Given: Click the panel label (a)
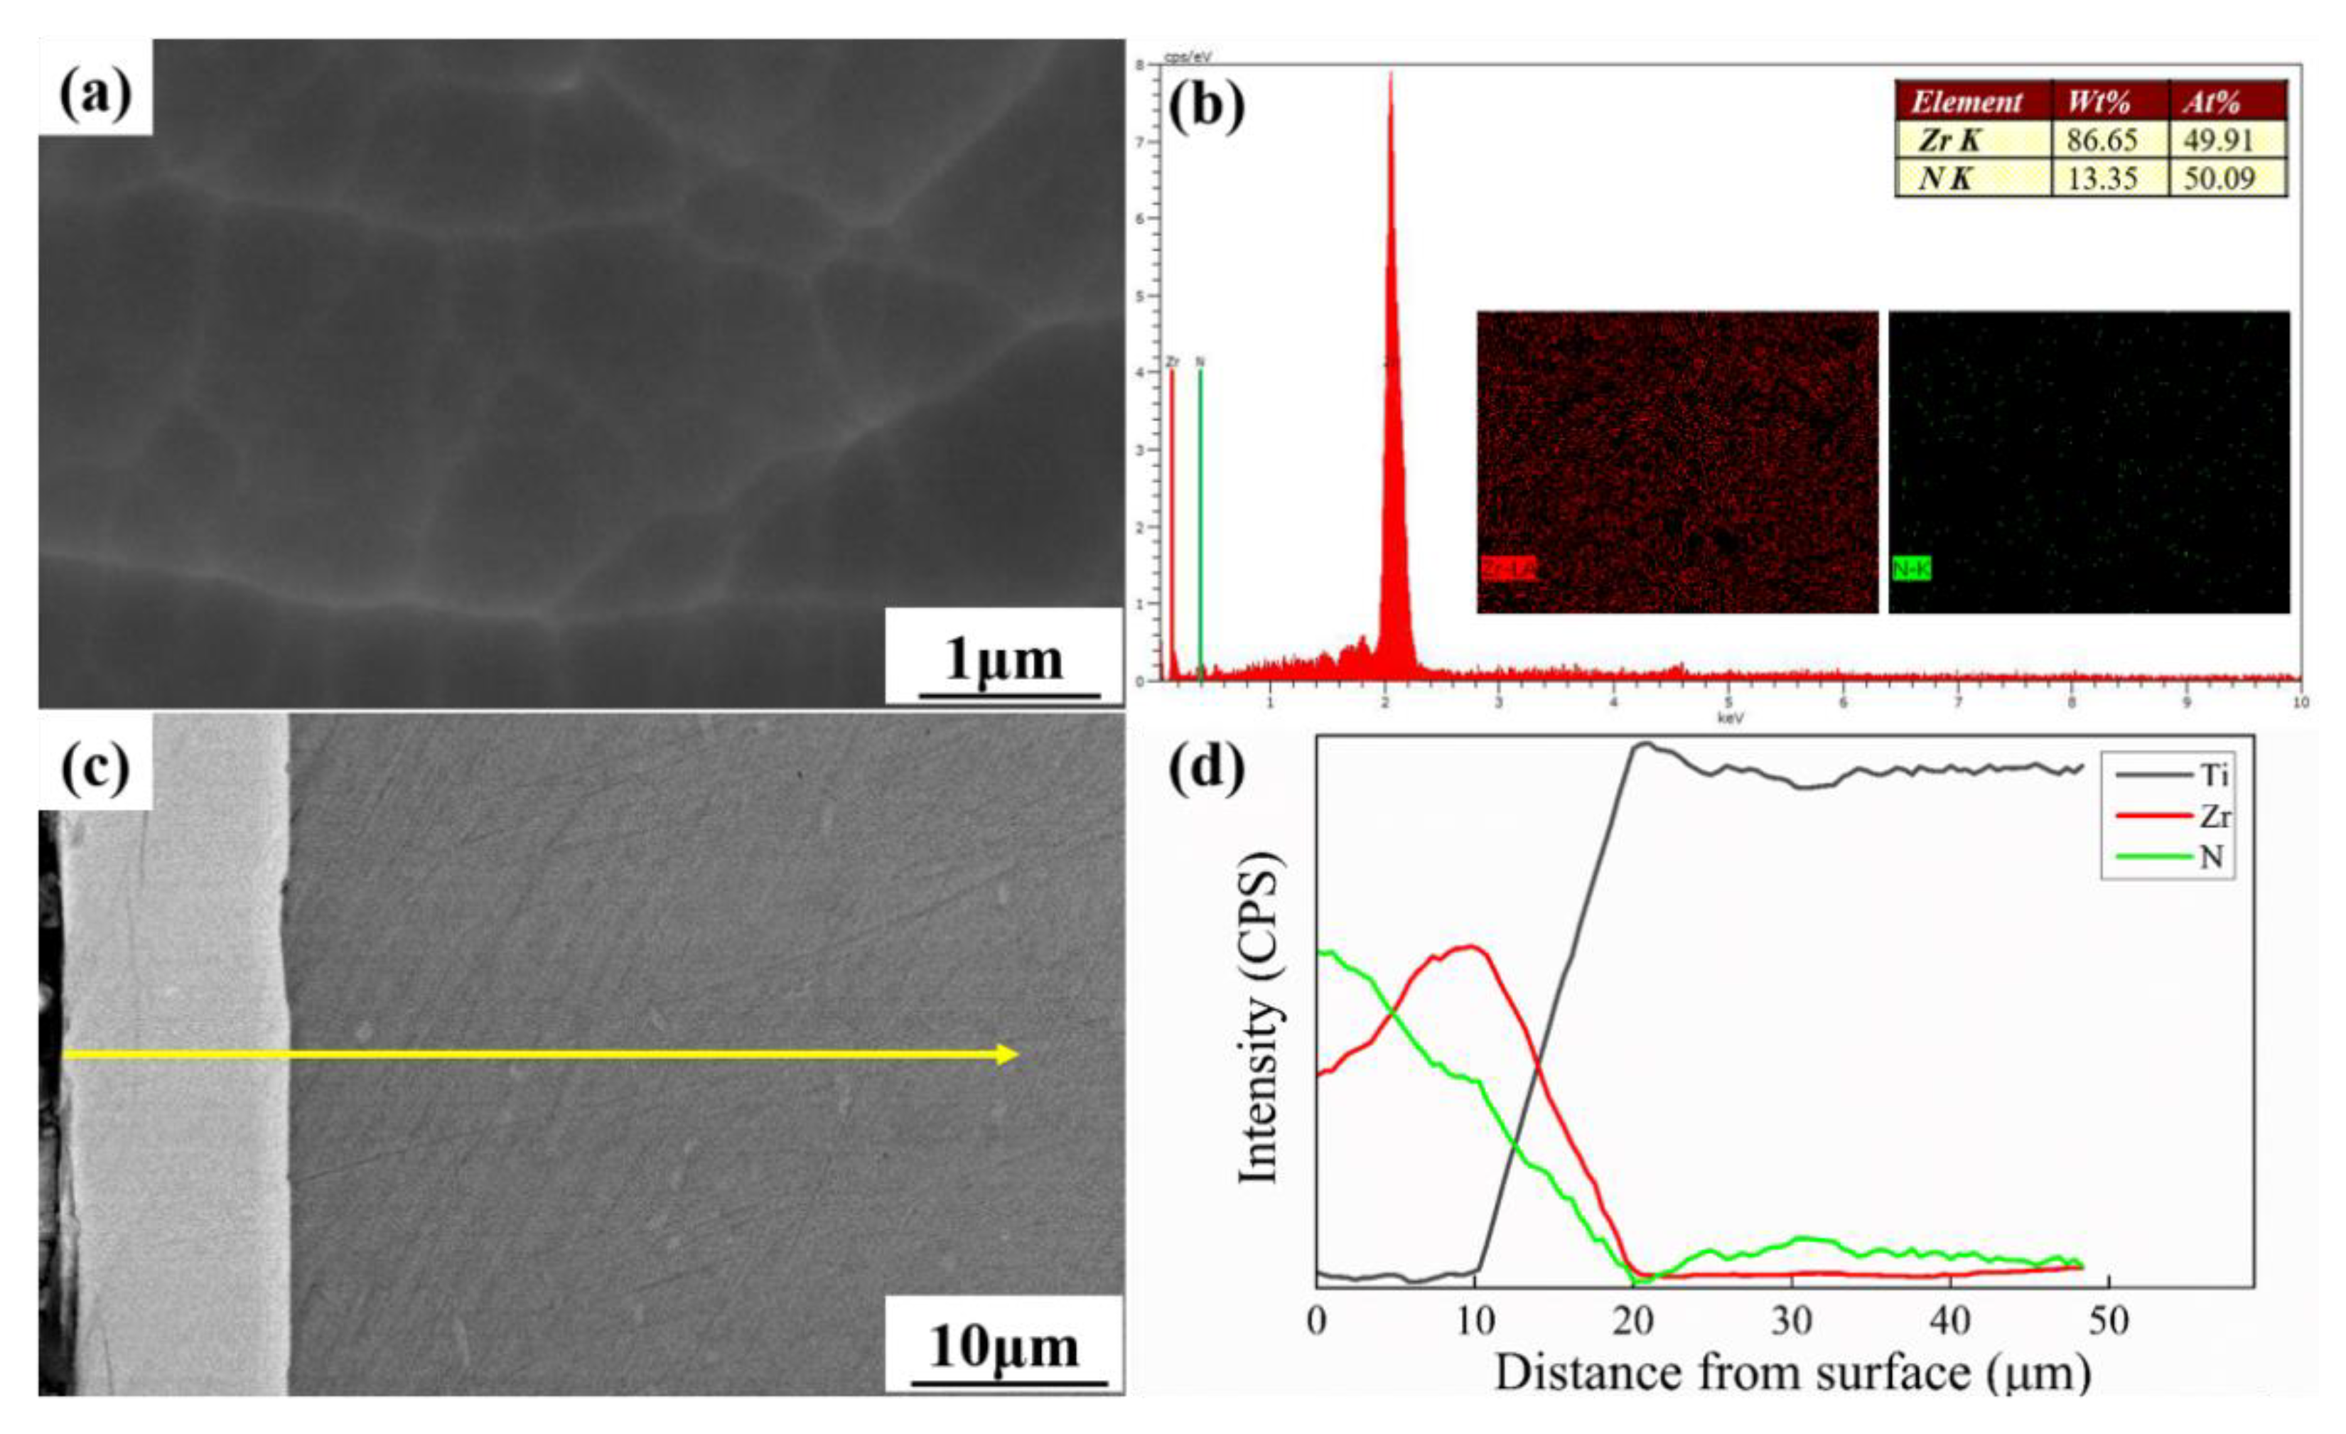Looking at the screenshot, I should point(95,95).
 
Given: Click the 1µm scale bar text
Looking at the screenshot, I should point(1004,659).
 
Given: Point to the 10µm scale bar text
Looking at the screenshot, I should point(1004,1345).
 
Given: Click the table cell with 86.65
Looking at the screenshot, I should point(2100,140).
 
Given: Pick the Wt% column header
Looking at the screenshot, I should point(2100,102).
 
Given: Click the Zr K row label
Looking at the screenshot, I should point(1952,140).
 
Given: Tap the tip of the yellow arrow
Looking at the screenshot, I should point(1017,1054).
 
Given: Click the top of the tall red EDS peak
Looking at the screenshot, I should point(1391,75).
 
